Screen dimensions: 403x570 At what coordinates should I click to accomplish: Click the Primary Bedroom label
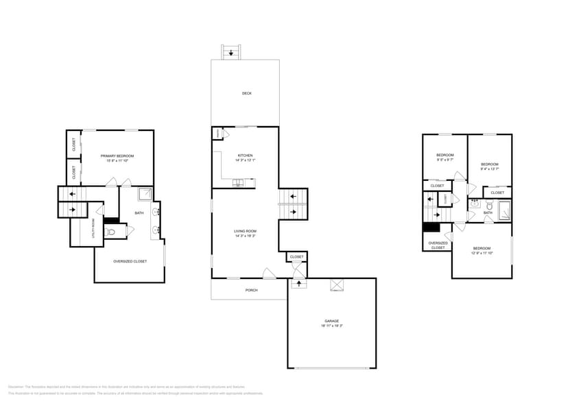[116, 156]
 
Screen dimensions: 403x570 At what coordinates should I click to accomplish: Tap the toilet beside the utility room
[111, 232]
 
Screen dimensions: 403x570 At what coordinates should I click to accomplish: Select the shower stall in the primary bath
[145, 194]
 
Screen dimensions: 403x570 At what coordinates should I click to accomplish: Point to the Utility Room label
[94, 228]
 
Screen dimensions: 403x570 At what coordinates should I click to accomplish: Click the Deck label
[246, 93]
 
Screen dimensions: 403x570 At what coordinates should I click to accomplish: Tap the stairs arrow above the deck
[231, 52]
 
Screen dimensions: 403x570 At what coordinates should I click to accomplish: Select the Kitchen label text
[246, 155]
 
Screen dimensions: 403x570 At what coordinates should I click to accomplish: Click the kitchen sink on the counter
[238, 182]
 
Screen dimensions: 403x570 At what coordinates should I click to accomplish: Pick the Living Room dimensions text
[245, 236]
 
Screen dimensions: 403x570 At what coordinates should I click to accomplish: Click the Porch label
[252, 290]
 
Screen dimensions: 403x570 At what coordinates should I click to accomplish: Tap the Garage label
[332, 321]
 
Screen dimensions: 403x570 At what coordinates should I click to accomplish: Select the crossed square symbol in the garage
[337, 286]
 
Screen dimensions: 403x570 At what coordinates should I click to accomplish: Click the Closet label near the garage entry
[296, 257]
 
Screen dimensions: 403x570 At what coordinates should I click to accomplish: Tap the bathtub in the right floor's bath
[504, 210]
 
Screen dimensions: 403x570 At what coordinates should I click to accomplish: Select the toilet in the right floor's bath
[489, 205]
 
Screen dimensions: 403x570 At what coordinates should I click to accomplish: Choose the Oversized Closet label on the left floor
[130, 261]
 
